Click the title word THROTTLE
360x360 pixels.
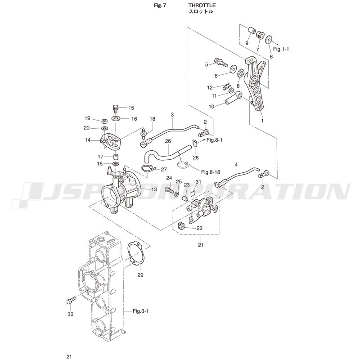[x=202, y=5]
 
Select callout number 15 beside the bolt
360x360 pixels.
[x=131, y=108]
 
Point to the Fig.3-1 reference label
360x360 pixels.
[x=143, y=310]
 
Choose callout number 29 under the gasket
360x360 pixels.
[x=140, y=274]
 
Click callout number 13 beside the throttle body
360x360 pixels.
[x=154, y=189]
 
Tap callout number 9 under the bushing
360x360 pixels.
[x=247, y=43]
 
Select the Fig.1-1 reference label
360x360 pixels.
[x=281, y=49]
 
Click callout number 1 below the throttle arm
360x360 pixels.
[x=263, y=121]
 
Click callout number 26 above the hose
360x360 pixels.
[x=167, y=141]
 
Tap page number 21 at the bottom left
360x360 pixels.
[x=69, y=357]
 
